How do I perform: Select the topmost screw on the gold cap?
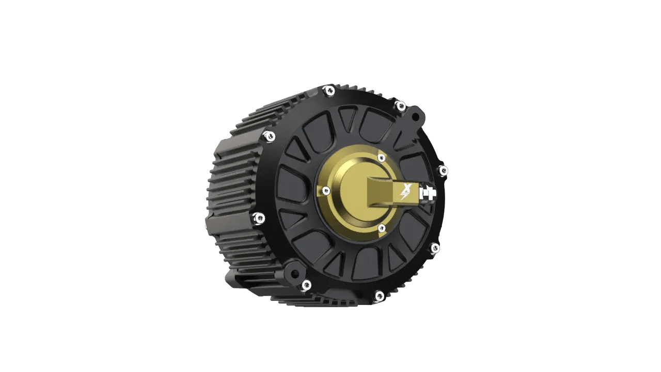tap(381, 158)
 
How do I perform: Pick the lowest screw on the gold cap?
tap(382, 227)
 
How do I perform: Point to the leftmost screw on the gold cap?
tap(325, 191)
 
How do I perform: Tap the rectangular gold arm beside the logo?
tap(382, 193)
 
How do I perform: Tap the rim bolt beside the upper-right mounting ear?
tap(400, 106)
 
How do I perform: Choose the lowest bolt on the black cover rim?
tap(379, 296)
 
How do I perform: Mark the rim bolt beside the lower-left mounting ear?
tap(306, 284)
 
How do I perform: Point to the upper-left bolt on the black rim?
tap(269, 136)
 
